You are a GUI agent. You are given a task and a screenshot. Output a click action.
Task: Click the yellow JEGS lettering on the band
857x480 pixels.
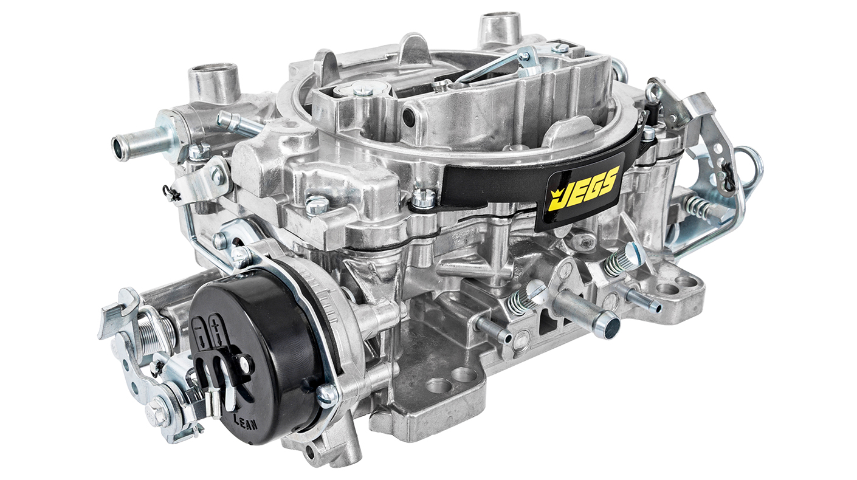(587, 188)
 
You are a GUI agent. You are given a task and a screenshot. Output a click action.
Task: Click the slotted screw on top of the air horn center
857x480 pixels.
(362, 91)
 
